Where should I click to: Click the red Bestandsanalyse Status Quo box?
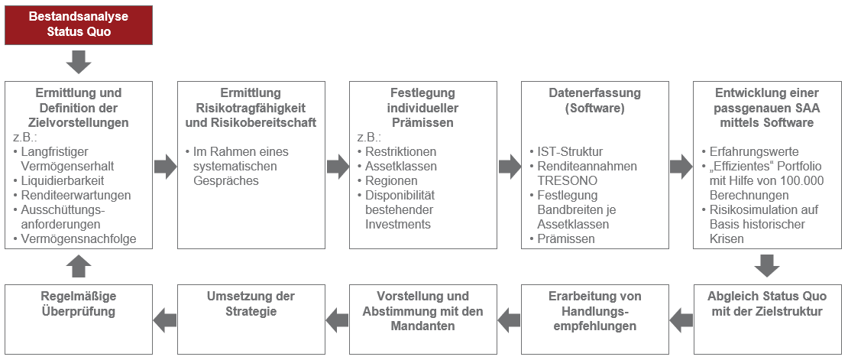click(x=79, y=25)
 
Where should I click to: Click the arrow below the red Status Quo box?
click(x=79, y=62)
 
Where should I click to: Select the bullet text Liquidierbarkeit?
click(x=63, y=180)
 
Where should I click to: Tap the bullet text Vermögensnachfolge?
click(x=79, y=238)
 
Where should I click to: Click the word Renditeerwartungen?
click(x=76, y=195)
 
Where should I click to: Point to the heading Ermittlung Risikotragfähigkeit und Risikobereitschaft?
click(x=251, y=108)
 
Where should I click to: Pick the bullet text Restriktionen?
click(x=401, y=151)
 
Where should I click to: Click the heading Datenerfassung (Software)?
click(x=594, y=100)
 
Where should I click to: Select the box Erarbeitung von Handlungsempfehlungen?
click(x=595, y=319)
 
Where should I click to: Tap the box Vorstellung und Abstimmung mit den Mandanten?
click(x=423, y=319)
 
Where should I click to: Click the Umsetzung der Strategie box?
click(x=251, y=319)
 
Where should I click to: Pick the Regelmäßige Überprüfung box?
click(x=79, y=319)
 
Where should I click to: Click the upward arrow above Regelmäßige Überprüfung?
click(x=79, y=266)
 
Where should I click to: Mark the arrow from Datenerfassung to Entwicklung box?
click(x=681, y=166)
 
